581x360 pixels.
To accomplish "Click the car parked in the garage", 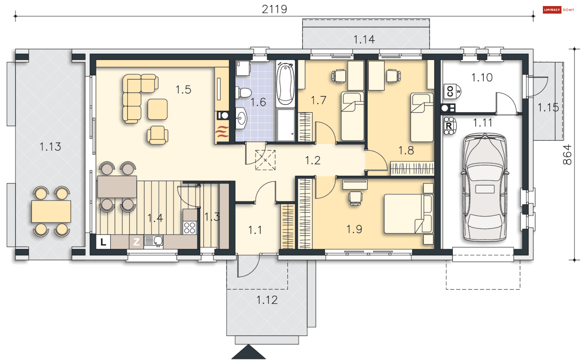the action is [x=485, y=188].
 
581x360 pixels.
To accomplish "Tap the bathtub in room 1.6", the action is [x=285, y=83].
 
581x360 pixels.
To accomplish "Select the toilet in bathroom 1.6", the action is [x=244, y=93].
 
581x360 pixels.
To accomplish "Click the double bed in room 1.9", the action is [x=409, y=214].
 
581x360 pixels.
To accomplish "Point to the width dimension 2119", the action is [x=274, y=9].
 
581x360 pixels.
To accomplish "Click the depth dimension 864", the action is [x=567, y=155].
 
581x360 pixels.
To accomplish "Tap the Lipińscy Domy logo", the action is [x=558, y=10].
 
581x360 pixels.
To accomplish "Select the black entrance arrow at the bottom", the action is [x=248, y=352].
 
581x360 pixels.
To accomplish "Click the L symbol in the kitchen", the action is [x=103, y=242].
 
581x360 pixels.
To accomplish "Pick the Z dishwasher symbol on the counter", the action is [x=136, y=242].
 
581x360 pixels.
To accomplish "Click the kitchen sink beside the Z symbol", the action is [x=153, y=241].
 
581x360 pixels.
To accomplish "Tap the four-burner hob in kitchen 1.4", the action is [x=190, y=228].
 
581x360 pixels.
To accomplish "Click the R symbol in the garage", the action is [x=449, y=126].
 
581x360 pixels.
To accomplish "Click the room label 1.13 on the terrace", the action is [x=50, y=147].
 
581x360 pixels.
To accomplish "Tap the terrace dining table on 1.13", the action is [x=51, y=211].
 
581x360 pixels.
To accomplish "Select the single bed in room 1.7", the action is [x=353, y=116].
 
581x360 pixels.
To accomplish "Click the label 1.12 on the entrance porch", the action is [x=267, y=300].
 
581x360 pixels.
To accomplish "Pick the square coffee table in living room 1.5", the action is [x=157, y=109].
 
